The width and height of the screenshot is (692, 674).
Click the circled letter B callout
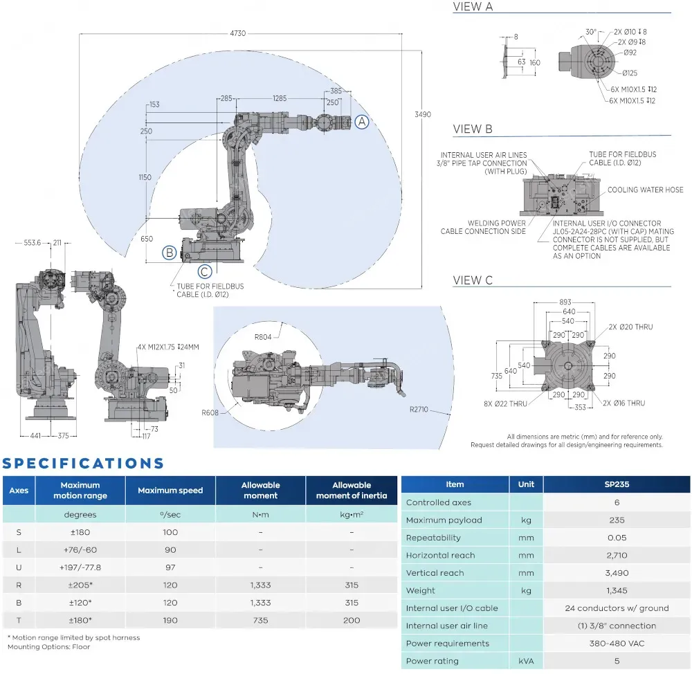169,253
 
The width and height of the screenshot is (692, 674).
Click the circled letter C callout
205,271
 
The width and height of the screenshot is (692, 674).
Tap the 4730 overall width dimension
238,33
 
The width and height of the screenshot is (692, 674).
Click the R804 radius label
263,337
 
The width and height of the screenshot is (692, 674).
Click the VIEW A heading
473,7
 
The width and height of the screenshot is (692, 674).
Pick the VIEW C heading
473,280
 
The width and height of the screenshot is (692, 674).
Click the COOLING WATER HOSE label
645,190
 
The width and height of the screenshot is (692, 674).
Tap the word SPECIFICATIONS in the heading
84,464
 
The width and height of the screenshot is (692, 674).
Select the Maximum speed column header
170,491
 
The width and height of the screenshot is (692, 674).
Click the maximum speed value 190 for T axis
170,620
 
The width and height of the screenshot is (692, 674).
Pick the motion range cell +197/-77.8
80,567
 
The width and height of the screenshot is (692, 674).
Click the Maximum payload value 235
617,520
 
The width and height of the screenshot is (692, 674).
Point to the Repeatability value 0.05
617,538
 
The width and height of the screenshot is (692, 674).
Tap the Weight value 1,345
617,590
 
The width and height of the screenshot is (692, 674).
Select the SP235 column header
617,484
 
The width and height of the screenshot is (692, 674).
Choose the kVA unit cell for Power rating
526,661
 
